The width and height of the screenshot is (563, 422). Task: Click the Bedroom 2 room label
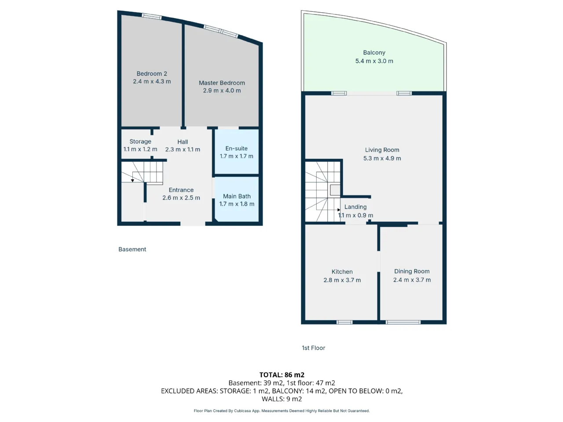[x=152, y=74]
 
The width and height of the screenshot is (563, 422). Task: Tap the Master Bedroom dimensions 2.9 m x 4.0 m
[x=222, y=91]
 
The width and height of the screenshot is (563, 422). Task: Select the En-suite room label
[x=236, y=148]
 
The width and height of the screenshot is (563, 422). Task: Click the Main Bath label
[x=237, y=196]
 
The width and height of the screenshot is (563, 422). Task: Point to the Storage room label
[x=140, y=142]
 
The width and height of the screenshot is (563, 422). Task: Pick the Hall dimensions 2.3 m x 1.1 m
[x=183, y=149]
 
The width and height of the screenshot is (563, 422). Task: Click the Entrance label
[x=181, y=190]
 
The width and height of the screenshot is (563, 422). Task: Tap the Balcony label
[x=374, y=52]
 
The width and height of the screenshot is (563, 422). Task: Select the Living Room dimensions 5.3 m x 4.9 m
[x=382, y=158]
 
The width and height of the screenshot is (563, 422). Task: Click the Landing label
[x=355, y=207]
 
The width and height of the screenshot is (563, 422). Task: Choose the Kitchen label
[x=342, y=272]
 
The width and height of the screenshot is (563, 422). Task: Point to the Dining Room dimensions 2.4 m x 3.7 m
[x=412, y=280]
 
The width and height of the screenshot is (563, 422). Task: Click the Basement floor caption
[x=132, y=249]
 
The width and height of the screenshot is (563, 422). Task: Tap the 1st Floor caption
[x=313, y=348]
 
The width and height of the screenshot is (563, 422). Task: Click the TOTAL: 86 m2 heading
[x=281, y=375]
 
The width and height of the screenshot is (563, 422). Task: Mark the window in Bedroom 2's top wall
[x=152, y=16]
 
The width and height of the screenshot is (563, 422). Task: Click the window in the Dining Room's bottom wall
[x=403, y=322]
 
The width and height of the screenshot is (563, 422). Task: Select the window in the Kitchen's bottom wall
[x=344, y=322]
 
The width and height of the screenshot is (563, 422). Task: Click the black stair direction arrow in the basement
[x=132, y=181]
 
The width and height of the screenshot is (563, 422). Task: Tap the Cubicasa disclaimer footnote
[x=281, y=411]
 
